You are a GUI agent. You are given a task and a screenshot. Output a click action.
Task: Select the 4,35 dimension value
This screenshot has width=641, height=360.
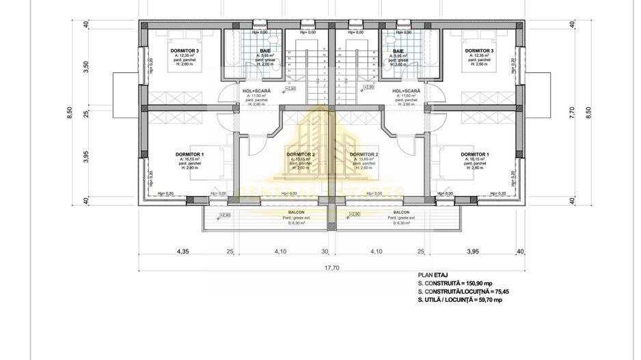coord(182,251)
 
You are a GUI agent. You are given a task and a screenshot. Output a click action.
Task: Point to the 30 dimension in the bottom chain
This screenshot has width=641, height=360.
coord(325,251)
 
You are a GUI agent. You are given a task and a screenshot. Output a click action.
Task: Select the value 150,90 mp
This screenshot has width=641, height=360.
coord(482,282)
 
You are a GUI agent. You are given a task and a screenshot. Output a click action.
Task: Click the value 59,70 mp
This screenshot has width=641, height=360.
coord(489,300)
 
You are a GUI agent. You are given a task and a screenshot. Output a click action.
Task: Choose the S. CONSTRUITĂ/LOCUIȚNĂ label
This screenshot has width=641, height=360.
coord(449,291)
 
